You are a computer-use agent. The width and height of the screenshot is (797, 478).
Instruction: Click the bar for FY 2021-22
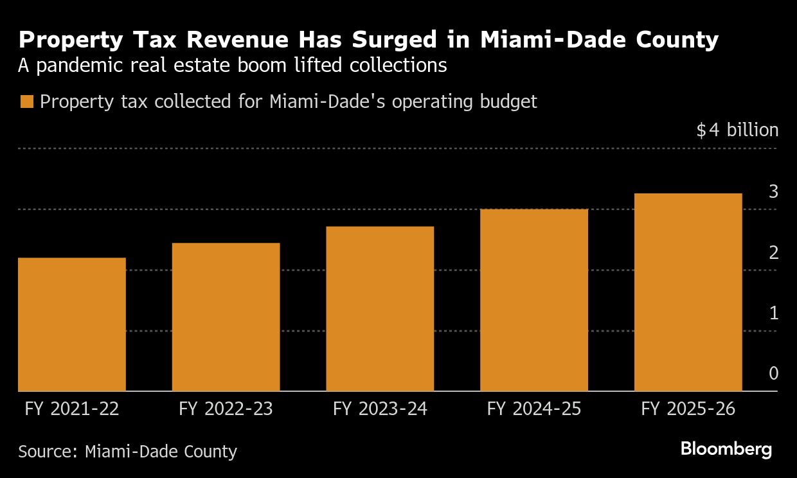[72, 324]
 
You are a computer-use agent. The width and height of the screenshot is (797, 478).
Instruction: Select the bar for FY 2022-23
[226, 317]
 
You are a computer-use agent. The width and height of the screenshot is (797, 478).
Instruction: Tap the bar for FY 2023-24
[380, 308]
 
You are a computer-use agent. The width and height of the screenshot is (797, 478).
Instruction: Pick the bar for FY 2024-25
[534, 300]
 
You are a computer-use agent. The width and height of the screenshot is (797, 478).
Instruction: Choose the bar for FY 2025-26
[688, 292]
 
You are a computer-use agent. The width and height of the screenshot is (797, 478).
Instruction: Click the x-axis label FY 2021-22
[72, 409]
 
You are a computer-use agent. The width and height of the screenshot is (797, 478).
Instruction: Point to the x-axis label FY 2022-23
[226, 409]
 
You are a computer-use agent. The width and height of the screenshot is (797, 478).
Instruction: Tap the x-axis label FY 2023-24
[380, 409]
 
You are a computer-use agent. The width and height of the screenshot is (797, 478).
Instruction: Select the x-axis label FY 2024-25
[534, 409]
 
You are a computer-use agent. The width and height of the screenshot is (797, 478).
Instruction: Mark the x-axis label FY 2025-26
[688, 409]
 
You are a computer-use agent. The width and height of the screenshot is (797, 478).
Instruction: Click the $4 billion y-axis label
[737, 130]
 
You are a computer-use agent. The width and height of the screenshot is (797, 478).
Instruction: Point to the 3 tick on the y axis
[773, 191]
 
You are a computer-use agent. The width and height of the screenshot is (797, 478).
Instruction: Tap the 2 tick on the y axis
[773, 252]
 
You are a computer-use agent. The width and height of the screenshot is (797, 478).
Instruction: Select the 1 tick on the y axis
[773, 314]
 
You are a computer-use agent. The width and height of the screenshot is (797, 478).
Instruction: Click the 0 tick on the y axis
[773, 374]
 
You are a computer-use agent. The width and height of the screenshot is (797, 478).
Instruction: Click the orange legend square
[26, 102]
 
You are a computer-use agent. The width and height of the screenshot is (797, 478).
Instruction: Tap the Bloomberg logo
[726, 449]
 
